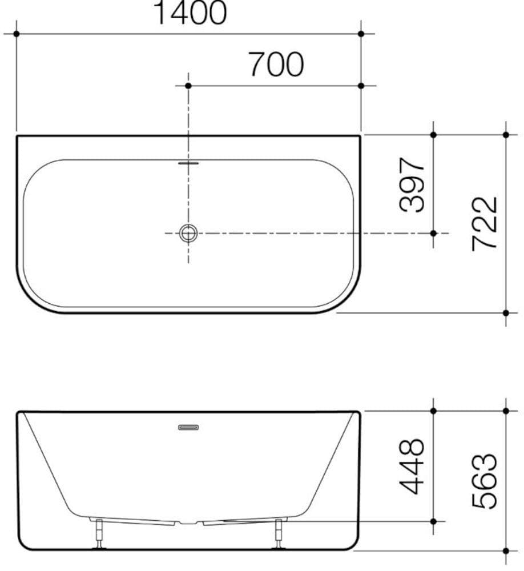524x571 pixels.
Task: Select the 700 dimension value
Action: [275, 65]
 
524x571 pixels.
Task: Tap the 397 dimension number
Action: [413, 185]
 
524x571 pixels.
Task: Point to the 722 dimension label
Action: [485, 223]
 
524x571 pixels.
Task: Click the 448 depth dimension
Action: [412, 466]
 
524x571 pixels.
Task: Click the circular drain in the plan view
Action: [188, 233]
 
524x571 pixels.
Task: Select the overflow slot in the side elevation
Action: [188, 427]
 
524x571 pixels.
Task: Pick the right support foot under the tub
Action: [280, 533]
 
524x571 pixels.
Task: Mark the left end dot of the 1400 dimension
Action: [17, 34]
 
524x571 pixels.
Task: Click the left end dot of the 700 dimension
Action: [188, 86]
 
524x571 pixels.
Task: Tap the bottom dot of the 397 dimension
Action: [433, 233]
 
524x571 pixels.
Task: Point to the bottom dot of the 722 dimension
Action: [506, 312]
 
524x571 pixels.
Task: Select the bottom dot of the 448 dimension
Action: [433, 521]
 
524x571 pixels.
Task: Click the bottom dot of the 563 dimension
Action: [506, 550]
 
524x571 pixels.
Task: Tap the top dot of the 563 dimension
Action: [506, 411]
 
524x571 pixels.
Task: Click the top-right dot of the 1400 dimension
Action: [361, 34]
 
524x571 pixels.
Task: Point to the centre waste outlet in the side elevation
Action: [188, 522]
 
